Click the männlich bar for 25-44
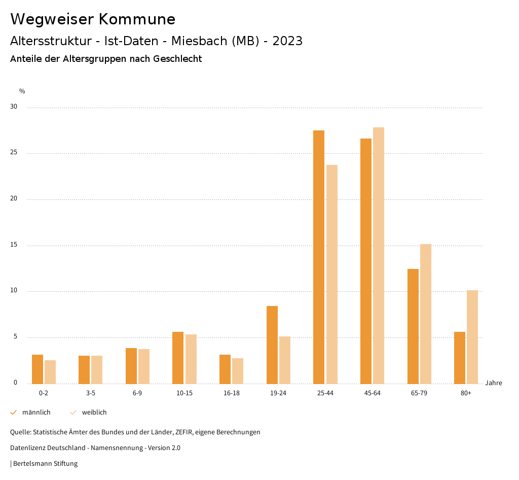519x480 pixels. [319, 257]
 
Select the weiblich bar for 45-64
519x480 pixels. [379, 255]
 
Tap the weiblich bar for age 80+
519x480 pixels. [472, 337]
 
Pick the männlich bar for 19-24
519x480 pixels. [272, 345]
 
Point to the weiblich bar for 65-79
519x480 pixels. [426, 314]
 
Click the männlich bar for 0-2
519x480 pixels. [38, 369]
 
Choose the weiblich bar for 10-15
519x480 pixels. [191, 359]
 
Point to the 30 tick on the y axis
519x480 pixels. [14, 107]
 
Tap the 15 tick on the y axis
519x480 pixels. [14, 245]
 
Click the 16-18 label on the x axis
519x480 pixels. [231, 393]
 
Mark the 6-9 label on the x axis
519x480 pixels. [137, 393]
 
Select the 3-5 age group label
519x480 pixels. [90, 393]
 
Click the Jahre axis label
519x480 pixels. [493, 383]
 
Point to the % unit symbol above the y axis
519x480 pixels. [22, 91]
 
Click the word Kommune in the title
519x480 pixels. [137, 19]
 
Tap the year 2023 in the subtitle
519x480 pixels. [287, 41]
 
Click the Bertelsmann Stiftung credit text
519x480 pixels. [45, 463]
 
